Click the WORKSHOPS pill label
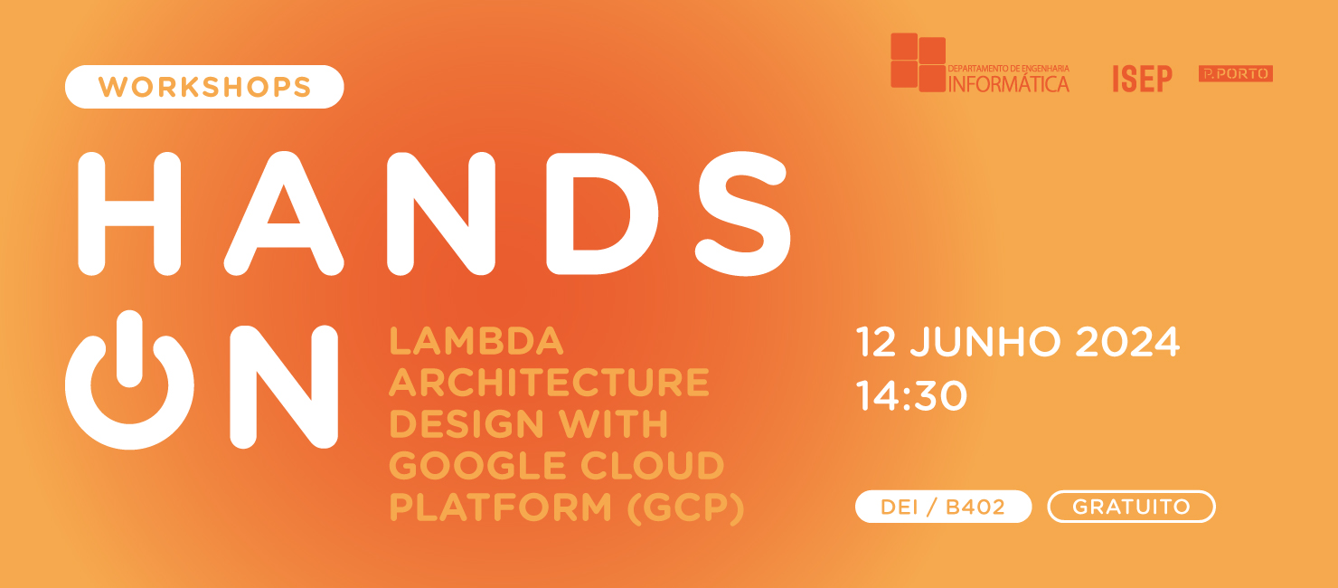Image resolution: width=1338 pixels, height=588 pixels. click(204, 87)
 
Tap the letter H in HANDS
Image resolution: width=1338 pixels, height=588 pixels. click(129, 213)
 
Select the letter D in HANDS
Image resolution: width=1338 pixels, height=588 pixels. click(601, 213)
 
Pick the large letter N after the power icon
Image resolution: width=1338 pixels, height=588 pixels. click(283, 386)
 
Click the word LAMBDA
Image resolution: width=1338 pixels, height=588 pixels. click(476, 341)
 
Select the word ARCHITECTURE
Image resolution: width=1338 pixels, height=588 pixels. click(549, 383)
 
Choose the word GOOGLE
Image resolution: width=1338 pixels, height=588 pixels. click(467, 466)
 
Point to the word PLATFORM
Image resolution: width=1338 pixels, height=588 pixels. click(495, 507)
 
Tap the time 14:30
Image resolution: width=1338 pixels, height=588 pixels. click(911, 396)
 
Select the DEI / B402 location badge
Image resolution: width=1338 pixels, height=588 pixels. click(943, 507)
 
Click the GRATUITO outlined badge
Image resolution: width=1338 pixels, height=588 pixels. click(1131, 507)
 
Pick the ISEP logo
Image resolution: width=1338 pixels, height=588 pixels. click(1142, 79)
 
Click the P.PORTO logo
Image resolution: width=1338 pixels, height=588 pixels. click(1235, 74)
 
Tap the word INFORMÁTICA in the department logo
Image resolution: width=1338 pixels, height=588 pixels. click(1008, 84)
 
